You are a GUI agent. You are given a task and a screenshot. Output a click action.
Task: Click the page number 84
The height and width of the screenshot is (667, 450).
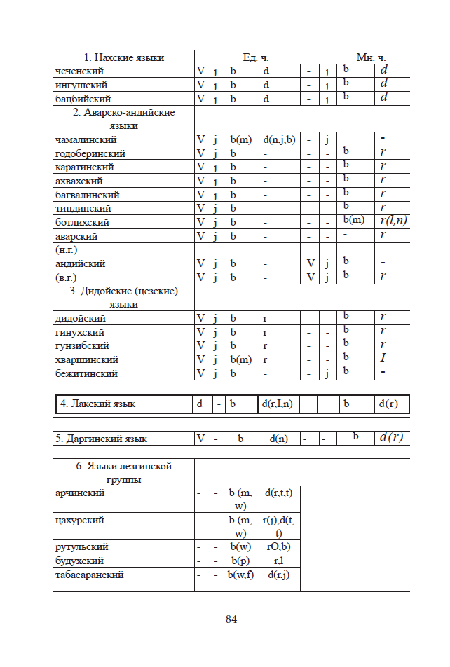click(231, 619)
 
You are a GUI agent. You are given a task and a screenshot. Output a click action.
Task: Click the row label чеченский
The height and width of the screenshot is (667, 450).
click(81, 71)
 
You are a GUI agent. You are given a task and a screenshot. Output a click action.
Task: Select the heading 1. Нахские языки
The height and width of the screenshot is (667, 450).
click(124, 57)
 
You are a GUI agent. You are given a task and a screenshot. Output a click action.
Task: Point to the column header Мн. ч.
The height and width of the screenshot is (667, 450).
click(371, 57)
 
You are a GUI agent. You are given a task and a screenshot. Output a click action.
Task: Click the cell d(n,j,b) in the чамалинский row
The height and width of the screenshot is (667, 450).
click(277, 139)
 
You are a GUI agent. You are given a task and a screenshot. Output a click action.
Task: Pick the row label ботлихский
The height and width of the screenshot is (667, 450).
click(83, 222)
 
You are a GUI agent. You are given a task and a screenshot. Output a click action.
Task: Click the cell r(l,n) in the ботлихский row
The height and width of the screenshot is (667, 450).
click(393, 221)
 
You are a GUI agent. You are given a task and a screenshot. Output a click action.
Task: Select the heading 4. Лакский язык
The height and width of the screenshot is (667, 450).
click(98, 404)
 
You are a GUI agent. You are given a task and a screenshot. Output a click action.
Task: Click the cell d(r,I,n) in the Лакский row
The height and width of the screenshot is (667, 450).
click(277, 404)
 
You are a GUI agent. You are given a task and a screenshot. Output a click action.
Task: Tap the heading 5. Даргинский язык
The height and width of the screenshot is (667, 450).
click(102, 439)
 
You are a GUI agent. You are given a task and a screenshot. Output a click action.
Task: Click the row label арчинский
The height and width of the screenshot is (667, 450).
click(81, 493)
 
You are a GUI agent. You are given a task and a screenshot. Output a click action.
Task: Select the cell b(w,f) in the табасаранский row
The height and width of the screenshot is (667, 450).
click(240, 575)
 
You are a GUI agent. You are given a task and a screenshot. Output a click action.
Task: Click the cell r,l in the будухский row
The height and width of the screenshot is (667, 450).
click(277, 561)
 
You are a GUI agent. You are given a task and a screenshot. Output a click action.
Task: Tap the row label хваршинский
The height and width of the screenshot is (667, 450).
click(87, 359)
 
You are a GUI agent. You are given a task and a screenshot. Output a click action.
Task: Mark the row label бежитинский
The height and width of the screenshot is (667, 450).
click(86, 373)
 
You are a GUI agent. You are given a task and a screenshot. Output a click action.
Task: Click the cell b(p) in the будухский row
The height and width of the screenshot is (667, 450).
click(240, 561)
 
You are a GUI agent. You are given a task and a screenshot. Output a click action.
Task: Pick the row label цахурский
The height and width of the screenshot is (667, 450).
click(80, 521)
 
